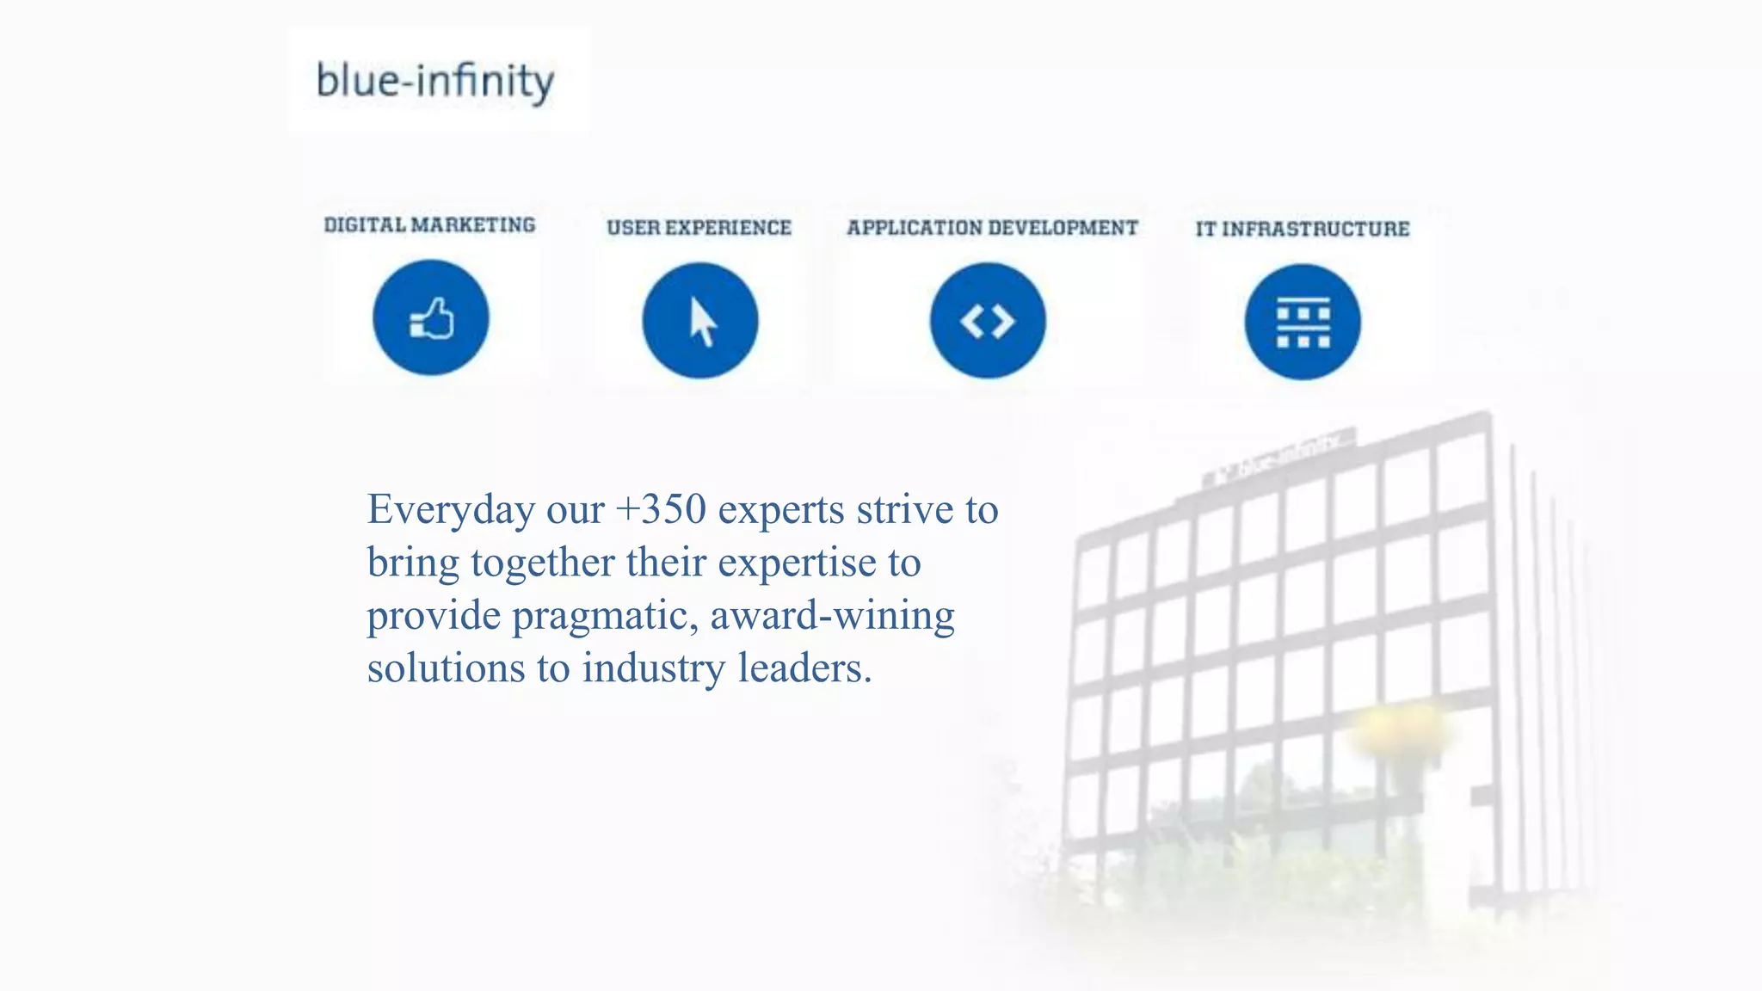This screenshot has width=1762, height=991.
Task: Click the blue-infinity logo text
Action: [435, 81]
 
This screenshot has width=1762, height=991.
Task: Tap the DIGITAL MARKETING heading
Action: [429, 225]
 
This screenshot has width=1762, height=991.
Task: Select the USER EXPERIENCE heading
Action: [699, 228]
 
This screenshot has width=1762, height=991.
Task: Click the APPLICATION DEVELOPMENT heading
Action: [992, 228]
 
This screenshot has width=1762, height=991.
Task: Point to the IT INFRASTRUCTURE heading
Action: [1302, 229]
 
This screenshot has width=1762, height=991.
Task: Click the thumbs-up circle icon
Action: [430, 318]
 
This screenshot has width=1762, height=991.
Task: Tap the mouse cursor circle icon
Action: [700, 321]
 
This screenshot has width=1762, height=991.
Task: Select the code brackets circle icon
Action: [988, 321]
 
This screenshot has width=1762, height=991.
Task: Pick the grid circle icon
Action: [1303, 322]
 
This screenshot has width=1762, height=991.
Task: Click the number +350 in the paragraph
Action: [661, 509]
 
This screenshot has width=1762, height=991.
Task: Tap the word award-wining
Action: [832, 616]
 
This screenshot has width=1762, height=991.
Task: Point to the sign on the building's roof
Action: [1279, 456]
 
